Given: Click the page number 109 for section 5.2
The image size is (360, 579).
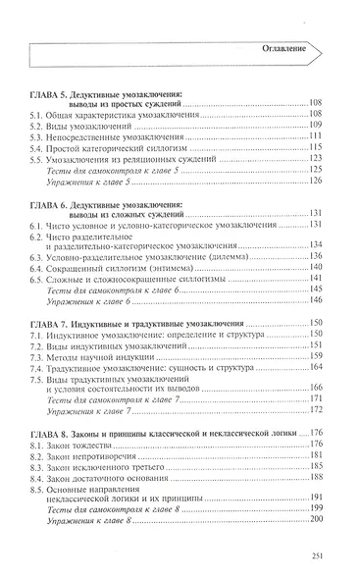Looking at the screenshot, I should [316, 125].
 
